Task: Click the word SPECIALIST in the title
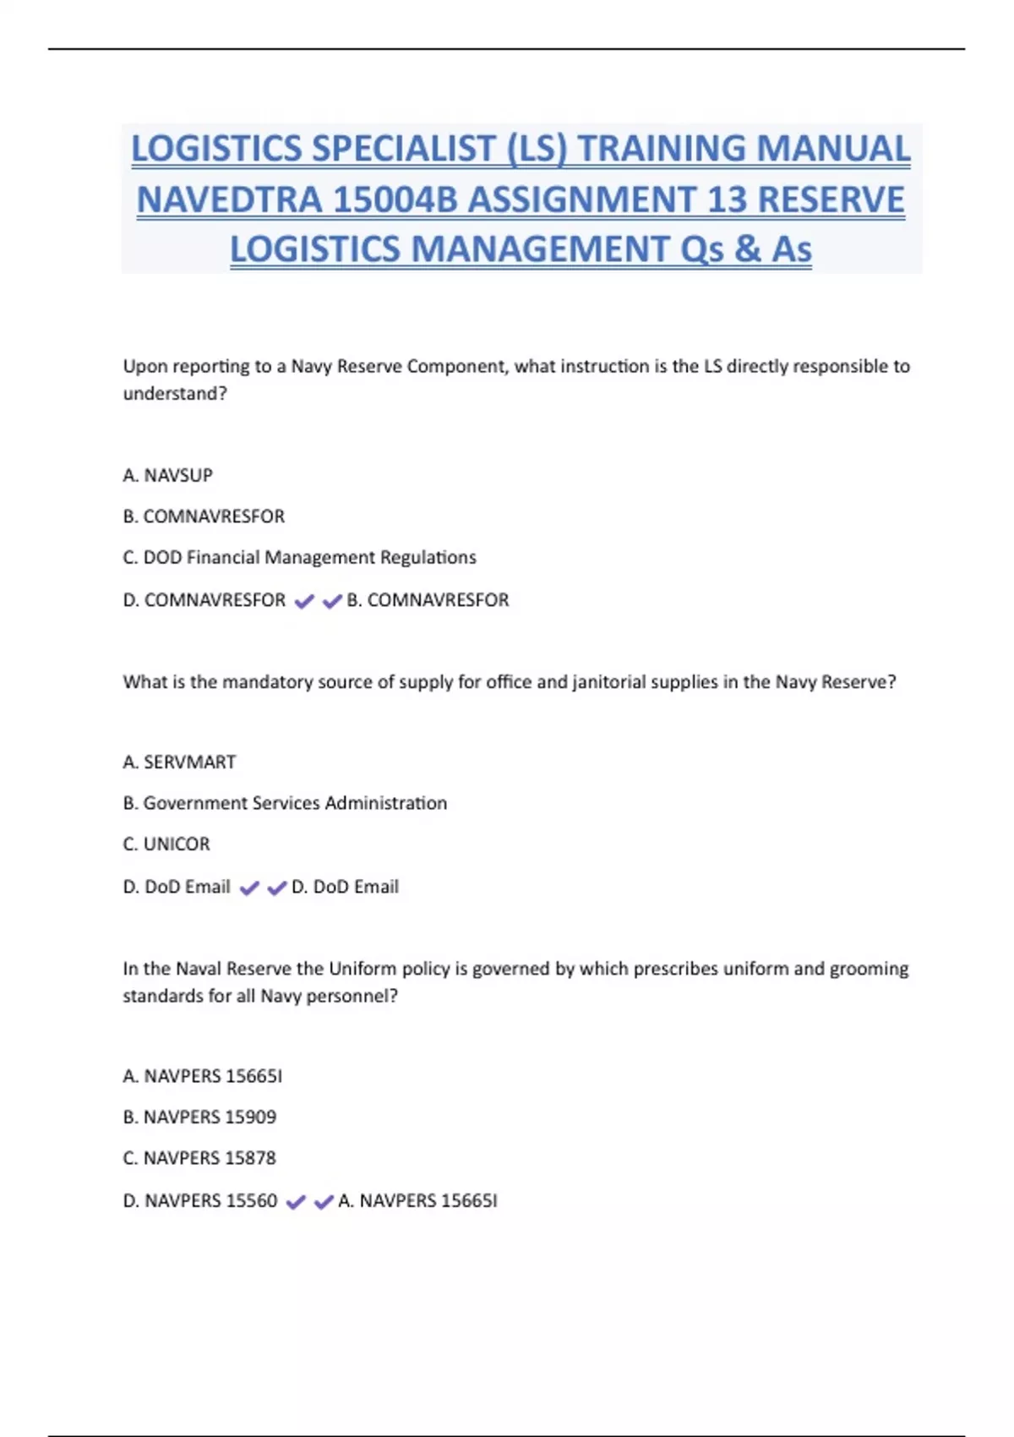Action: (x=405, y=149)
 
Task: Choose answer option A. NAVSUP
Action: (x=168, y=476)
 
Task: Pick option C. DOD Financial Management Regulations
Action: (x=300, y=558)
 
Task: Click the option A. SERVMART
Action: (x=179, y=762)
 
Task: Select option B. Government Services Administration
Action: (x=285, y=803)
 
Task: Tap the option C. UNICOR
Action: (x=166, y=844)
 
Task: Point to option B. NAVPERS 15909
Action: (x=199, y=1117)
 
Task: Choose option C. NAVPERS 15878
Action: (x=199, y=1158)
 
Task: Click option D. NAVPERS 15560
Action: (x=200, y=1201)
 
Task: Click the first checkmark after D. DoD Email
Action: (x=249, y=888)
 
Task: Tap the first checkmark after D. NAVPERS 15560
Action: (x=296, y=1202)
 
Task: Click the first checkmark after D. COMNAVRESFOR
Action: (x=304, y=602)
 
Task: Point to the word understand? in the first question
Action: (x=175, y=394)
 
